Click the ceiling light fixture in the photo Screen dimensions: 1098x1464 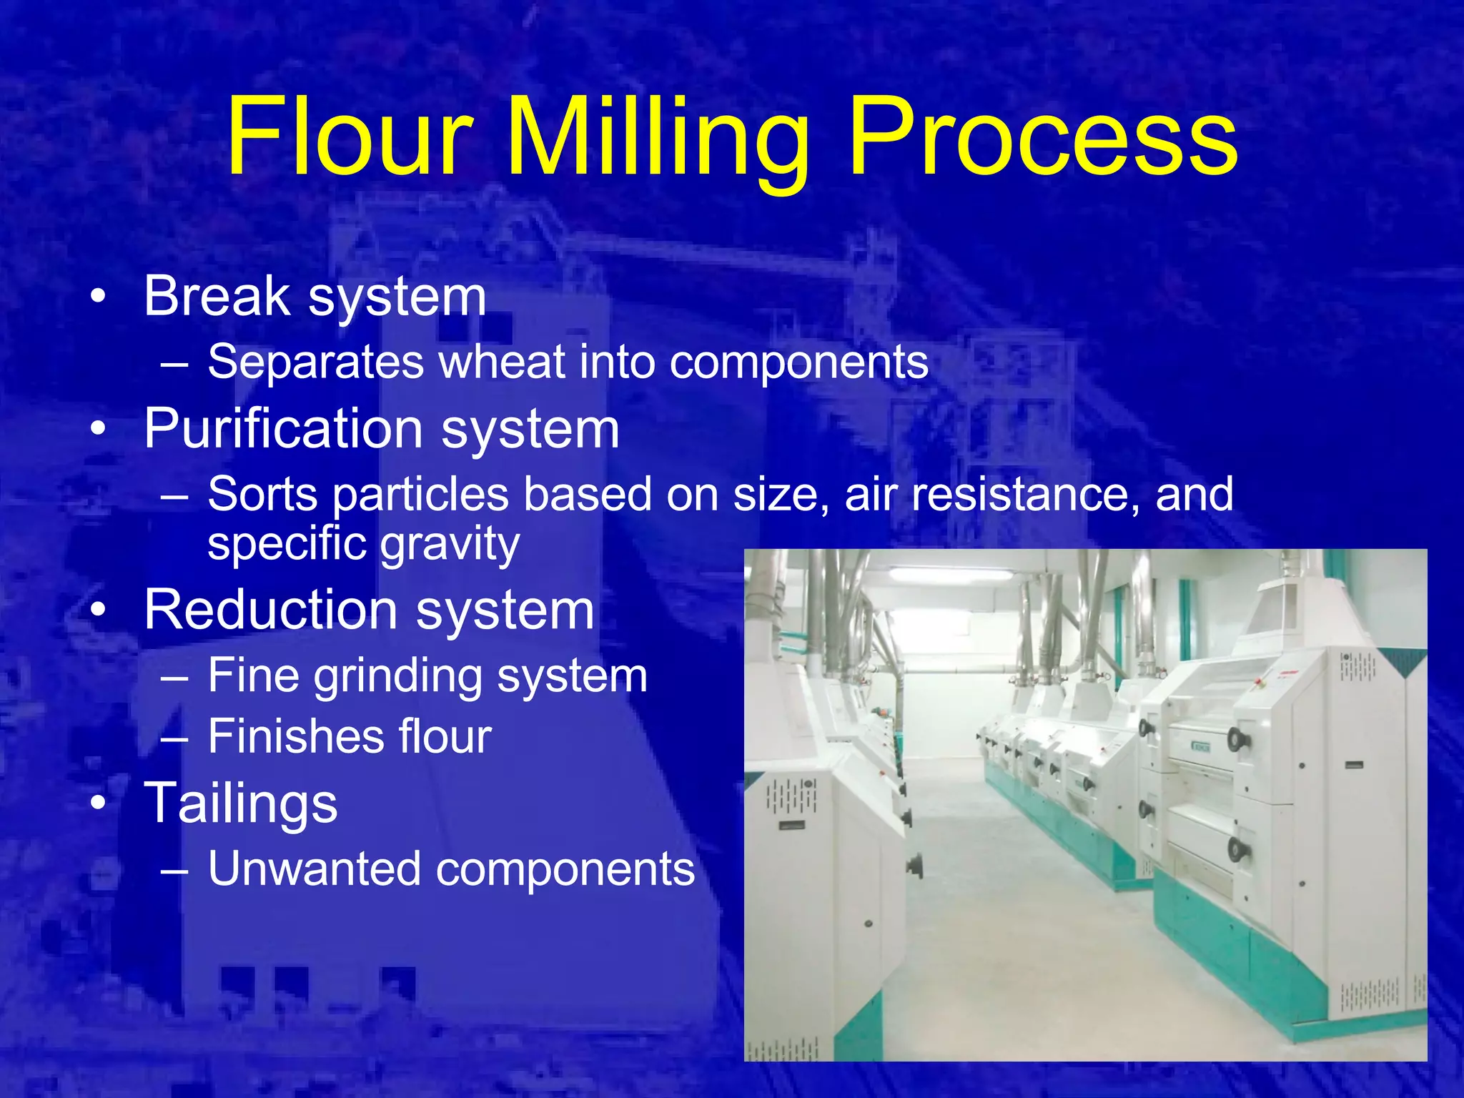click(x=950, y=574)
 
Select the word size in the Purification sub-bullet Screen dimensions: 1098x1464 click(x=780, y=494)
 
